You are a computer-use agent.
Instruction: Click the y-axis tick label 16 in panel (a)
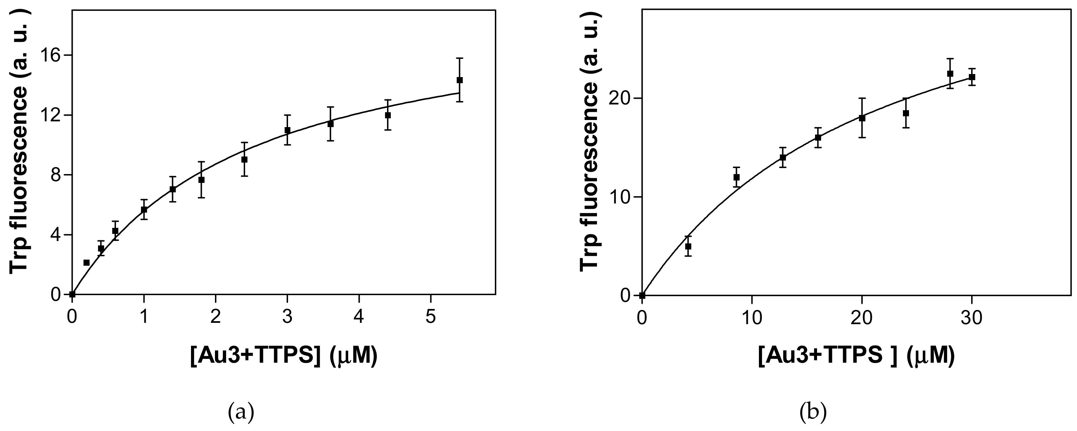(x=51, y=55)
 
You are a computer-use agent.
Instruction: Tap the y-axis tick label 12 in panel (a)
(x=51, y=115)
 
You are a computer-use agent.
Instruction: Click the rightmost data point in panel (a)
(x=459, y=80)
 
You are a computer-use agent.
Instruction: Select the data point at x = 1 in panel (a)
(x=144, y=210)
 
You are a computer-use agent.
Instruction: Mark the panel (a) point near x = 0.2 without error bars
(x=87, y=263)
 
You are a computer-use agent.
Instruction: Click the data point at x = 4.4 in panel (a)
(x=388, y=115)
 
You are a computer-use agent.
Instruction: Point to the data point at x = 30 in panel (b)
(x=972, y=77)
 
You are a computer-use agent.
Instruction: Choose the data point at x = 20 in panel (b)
(x=862, y=118)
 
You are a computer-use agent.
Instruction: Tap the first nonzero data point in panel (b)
(x=688, y=246)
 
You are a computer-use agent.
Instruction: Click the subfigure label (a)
(x=241, y=413)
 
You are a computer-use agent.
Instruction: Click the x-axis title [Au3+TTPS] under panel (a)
(x=284, y=357)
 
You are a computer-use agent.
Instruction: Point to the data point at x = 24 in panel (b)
(x=906, y=113)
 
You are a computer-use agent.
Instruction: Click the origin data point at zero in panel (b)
(x=642, y=295)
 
